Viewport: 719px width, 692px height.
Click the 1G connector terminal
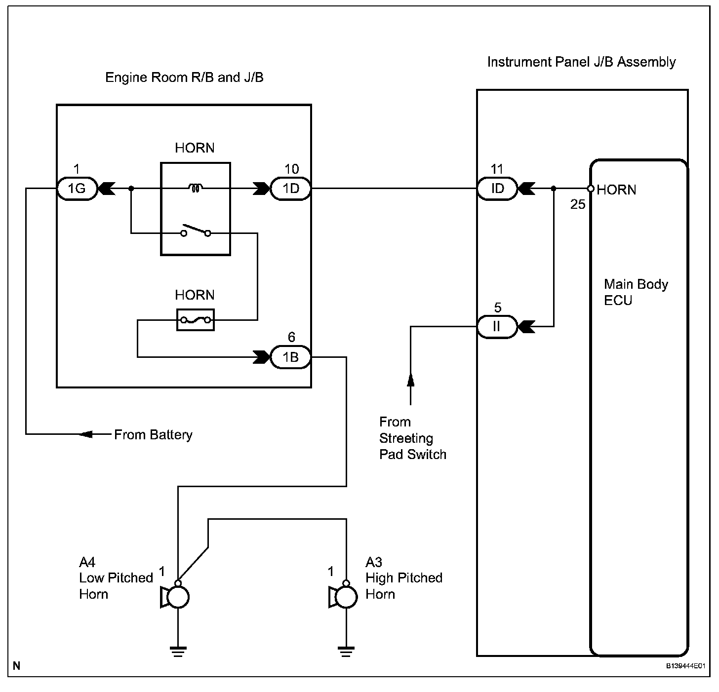[x=77, y=189]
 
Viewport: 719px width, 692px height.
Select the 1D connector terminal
[x=291, y=189]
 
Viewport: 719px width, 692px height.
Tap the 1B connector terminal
[x=291, y=357]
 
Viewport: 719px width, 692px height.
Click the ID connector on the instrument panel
[x=497, y=189]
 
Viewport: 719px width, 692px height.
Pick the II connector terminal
[x=497, y=327]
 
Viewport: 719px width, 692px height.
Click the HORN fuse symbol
[x=196, y=320]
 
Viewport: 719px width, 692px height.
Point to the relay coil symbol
[x=196, y=188]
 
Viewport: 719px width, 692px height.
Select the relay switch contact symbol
[x=196, y=231]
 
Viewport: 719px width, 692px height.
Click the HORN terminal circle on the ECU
[x=591, y=189]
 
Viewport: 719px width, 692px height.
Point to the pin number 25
[x=578, y=204]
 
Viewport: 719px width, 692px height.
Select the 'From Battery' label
[x=153, y=435]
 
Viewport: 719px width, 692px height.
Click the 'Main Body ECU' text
[x=636, y=292]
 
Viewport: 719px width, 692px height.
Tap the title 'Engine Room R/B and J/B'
[x=184, y=77]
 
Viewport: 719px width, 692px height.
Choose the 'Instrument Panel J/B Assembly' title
[x=581, y=62]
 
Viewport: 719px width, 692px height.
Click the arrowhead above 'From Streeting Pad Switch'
[x=410, y=380]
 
